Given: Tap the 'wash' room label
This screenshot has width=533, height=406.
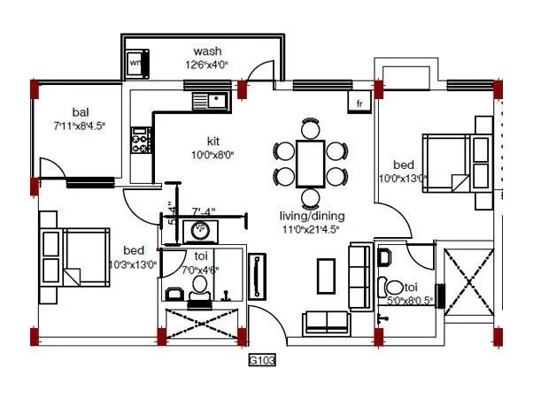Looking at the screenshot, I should (207, 50).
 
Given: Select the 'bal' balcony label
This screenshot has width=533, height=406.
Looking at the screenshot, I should (80, 113).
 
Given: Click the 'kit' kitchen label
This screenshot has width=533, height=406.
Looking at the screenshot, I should (213, 141).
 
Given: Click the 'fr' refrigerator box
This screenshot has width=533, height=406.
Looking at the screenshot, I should (359, 103).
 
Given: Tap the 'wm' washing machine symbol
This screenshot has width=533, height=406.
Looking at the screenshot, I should (135, 64).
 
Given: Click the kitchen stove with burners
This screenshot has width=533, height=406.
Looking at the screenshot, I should (139, 137).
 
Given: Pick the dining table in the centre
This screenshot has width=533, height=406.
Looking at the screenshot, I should (310, 162).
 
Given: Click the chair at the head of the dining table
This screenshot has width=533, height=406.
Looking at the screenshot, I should (310, 127).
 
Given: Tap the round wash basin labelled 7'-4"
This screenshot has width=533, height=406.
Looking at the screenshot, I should (199, 231).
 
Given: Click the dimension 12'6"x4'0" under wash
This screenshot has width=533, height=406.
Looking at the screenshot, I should (207, 64).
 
